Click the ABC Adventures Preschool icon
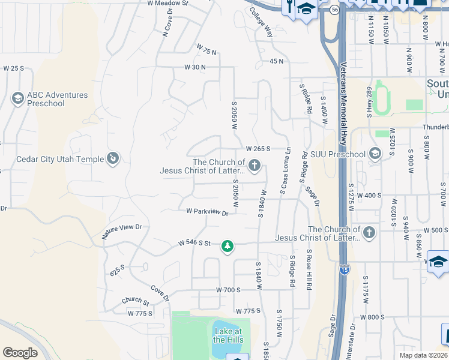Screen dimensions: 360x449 [x=17, y=98]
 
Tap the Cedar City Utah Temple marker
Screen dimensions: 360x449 [x=112, y=158]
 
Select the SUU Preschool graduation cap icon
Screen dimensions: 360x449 [x=375, y=154]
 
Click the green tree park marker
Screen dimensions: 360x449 [x=227, y=246]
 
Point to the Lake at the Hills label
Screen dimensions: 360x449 [x=228, y=336]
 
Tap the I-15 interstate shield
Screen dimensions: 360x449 [x=344, y=269]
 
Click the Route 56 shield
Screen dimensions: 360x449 [x=334, y=10]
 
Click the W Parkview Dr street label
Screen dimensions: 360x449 [x=208, y=212]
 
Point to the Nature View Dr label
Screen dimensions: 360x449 [x=122, y=231]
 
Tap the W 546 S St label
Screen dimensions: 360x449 [x=194, y=243]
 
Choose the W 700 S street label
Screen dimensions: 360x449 [x=228, y=290]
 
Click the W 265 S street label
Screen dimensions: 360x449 [x=258, y=148]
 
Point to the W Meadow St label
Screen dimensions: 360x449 [x=167, y=3]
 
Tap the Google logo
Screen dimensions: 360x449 [x=20, y=353]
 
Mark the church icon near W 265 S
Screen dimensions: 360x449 [x=255, y=165]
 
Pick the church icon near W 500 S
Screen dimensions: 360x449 [x=369, y=232]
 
